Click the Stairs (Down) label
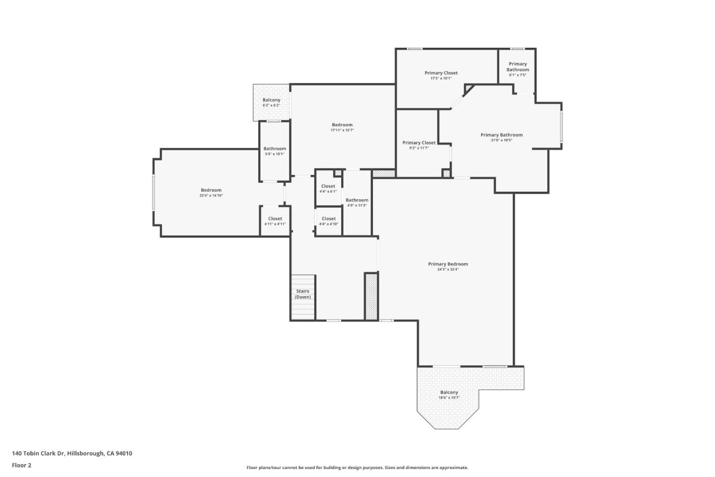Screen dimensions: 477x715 tap(302, 294)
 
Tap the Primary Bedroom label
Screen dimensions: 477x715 tap(448, 264)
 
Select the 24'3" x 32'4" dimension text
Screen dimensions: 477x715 tap(448, 270)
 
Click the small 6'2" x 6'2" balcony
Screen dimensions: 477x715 tap(271, 102)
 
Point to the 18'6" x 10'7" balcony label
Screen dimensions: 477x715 tap(449, 395)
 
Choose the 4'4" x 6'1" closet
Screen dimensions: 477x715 tap(328, 188)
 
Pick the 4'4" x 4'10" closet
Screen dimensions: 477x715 tap(328, 221)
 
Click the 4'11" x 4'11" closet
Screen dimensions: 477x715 tap(275, 221)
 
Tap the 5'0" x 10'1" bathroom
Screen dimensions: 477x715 tap(275, 151)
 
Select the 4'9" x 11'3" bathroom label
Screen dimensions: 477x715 tap(357, 202)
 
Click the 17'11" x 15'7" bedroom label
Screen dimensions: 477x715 tap(342, 127)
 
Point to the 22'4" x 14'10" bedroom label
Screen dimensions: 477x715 tap(211, 192)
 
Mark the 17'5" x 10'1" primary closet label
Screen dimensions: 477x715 tap(441, 75)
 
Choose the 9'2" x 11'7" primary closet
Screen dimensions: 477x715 tap(419, 145)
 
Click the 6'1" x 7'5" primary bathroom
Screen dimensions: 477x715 tap(517, 69)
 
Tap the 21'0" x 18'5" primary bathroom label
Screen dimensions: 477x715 tap(501, 137)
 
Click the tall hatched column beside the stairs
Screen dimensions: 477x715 tap(371, 297)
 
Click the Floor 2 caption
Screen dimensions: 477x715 tap(21, 466)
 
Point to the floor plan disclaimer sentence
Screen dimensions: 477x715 tap(357, 468)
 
